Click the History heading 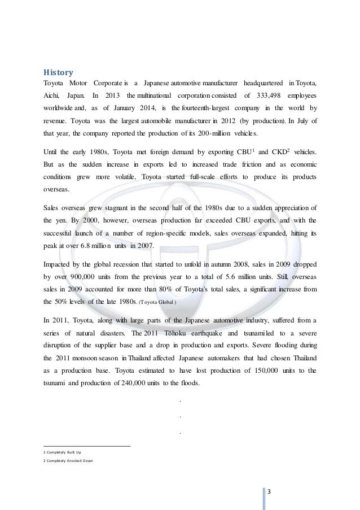59,72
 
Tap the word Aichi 52,96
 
